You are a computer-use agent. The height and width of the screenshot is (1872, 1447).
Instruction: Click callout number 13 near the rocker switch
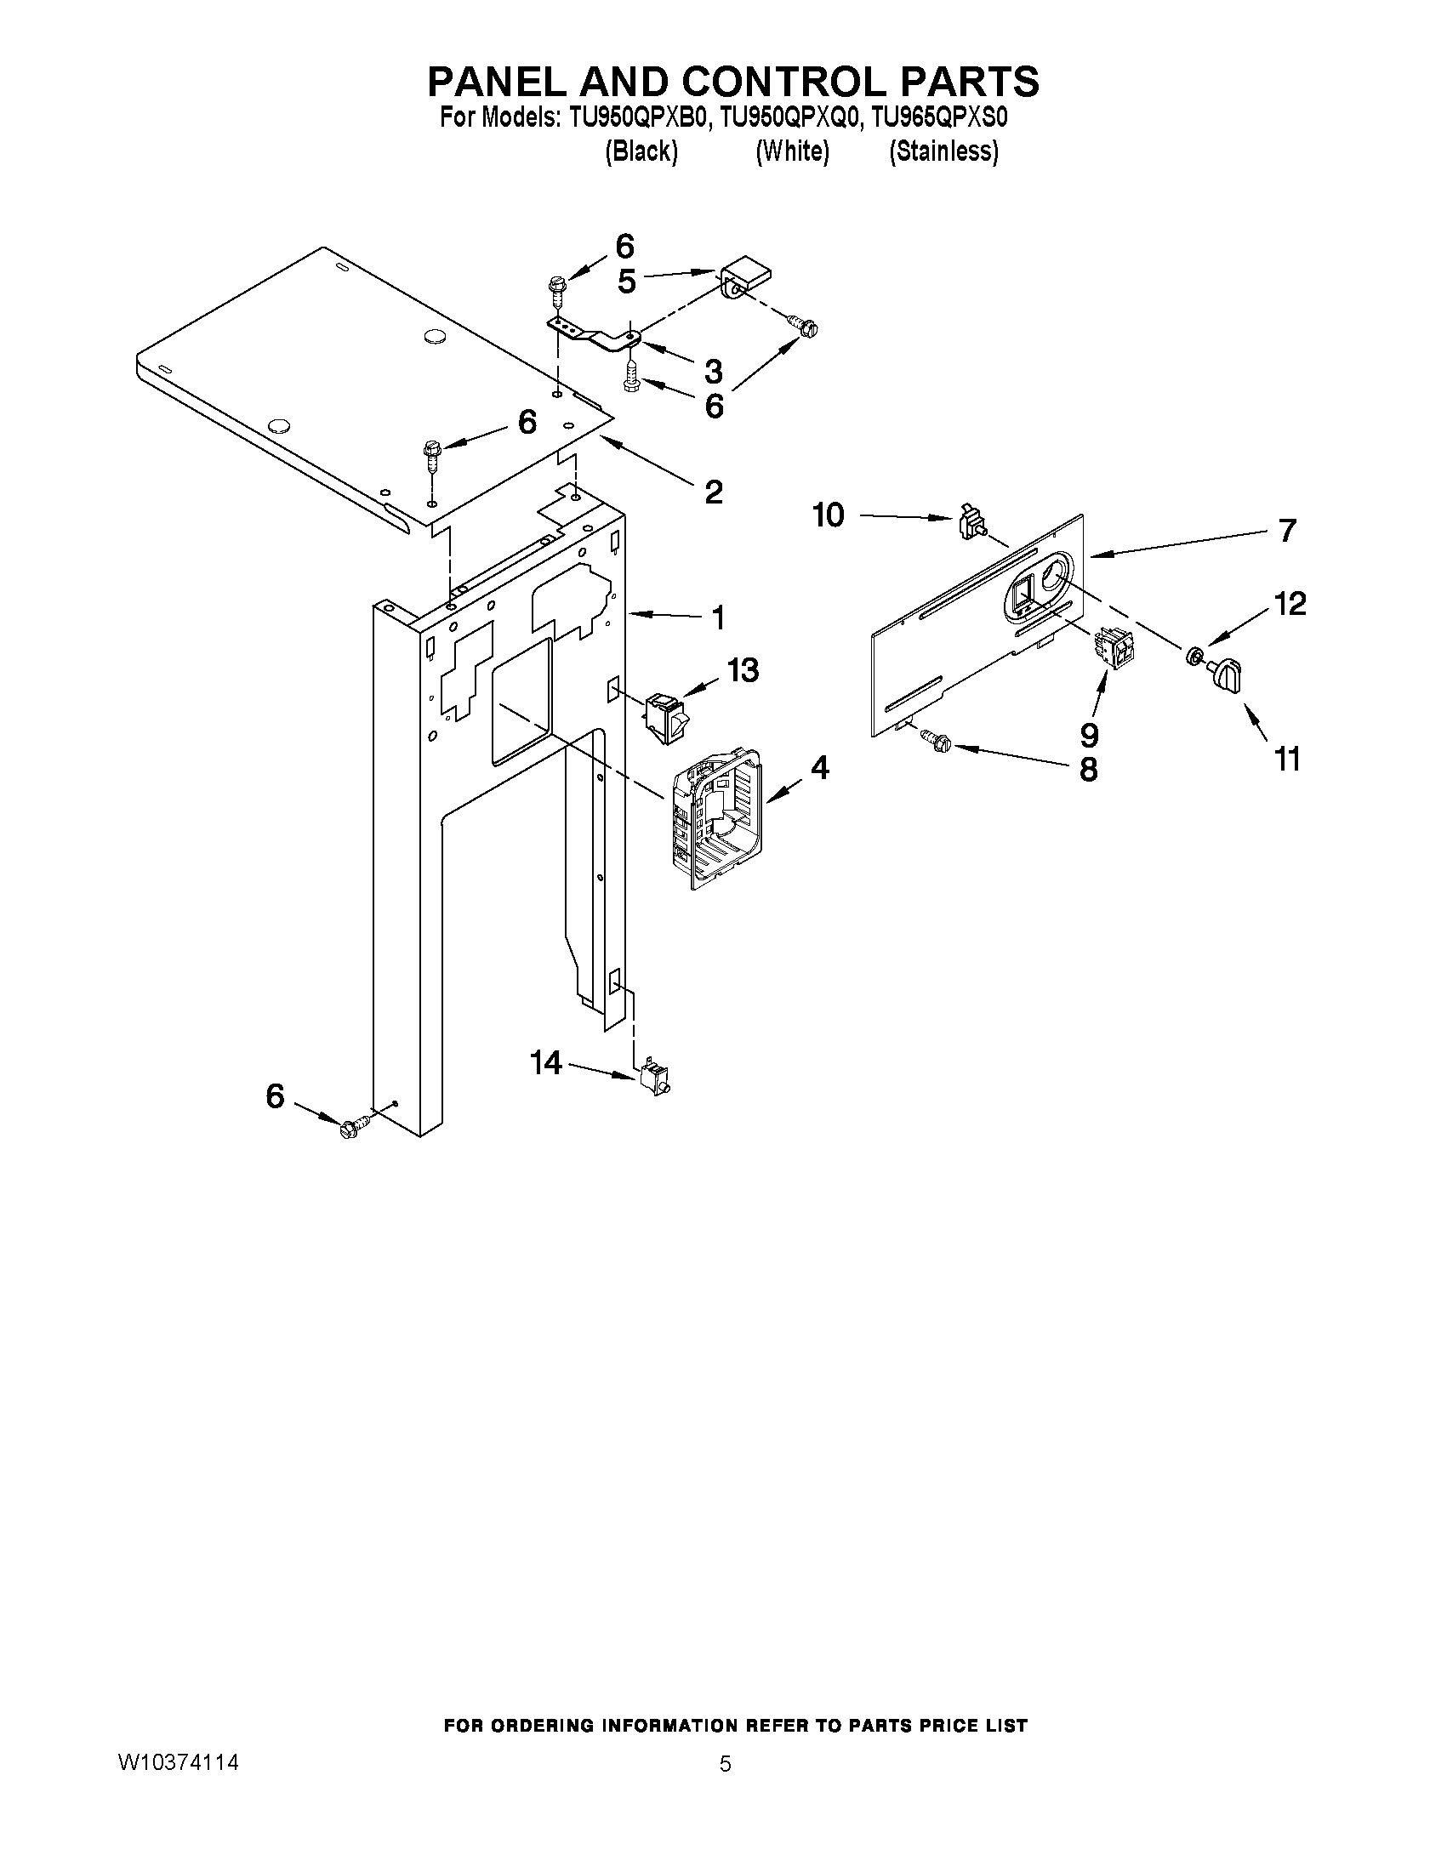point(743,670)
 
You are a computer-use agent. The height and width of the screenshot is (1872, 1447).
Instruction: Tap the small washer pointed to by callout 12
point(1192,657)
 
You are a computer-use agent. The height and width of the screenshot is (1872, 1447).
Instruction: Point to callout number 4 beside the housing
point(819,768)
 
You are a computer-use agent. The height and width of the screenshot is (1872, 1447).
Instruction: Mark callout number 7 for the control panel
point(1287,531)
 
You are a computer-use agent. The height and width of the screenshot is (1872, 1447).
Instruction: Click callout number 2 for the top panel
point(713,492)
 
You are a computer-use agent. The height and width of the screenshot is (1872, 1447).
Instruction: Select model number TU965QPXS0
point(938,118)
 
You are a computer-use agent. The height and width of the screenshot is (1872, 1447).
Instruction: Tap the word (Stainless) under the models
point(943,151)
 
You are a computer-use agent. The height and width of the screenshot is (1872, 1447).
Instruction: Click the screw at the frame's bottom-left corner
point(353,1128)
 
